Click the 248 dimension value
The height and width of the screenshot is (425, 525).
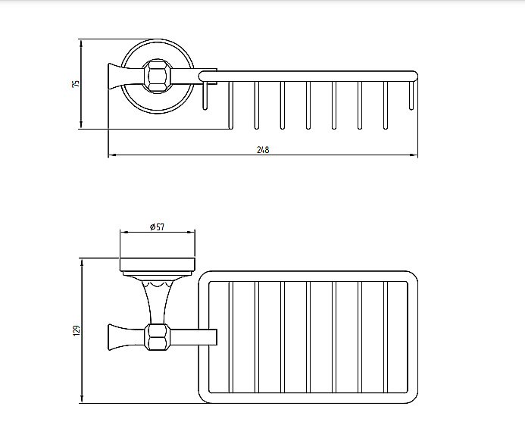coord(263,149)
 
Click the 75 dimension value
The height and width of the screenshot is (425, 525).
coord(77,83)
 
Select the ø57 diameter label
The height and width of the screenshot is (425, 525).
coord(158,227)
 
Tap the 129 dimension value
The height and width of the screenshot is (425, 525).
coord(77,330)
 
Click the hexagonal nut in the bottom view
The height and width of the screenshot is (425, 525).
coord(158,337)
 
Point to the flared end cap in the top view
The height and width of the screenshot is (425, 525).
coord(114,77)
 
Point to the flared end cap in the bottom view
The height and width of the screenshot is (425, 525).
coord(114,337)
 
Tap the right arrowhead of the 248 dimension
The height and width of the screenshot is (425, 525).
coord(414,155)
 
